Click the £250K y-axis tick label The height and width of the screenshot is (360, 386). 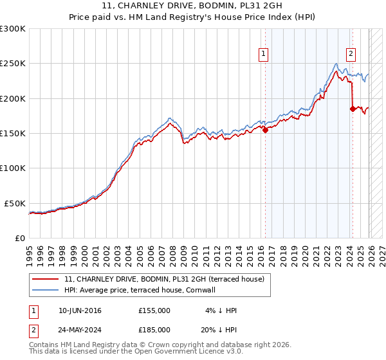coord(13,64)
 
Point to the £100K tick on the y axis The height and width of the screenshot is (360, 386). coord(13,168)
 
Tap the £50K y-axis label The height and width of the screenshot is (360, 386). coord(15,203)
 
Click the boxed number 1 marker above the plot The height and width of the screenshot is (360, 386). coord(264,55)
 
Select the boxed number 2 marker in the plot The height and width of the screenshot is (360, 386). coord(351,55)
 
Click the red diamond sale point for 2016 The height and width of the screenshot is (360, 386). coord(265,130)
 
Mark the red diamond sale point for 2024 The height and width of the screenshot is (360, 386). coord(353,109)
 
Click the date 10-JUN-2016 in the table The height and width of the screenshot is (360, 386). coord(80,310)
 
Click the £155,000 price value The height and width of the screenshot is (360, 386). coord(154,310)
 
